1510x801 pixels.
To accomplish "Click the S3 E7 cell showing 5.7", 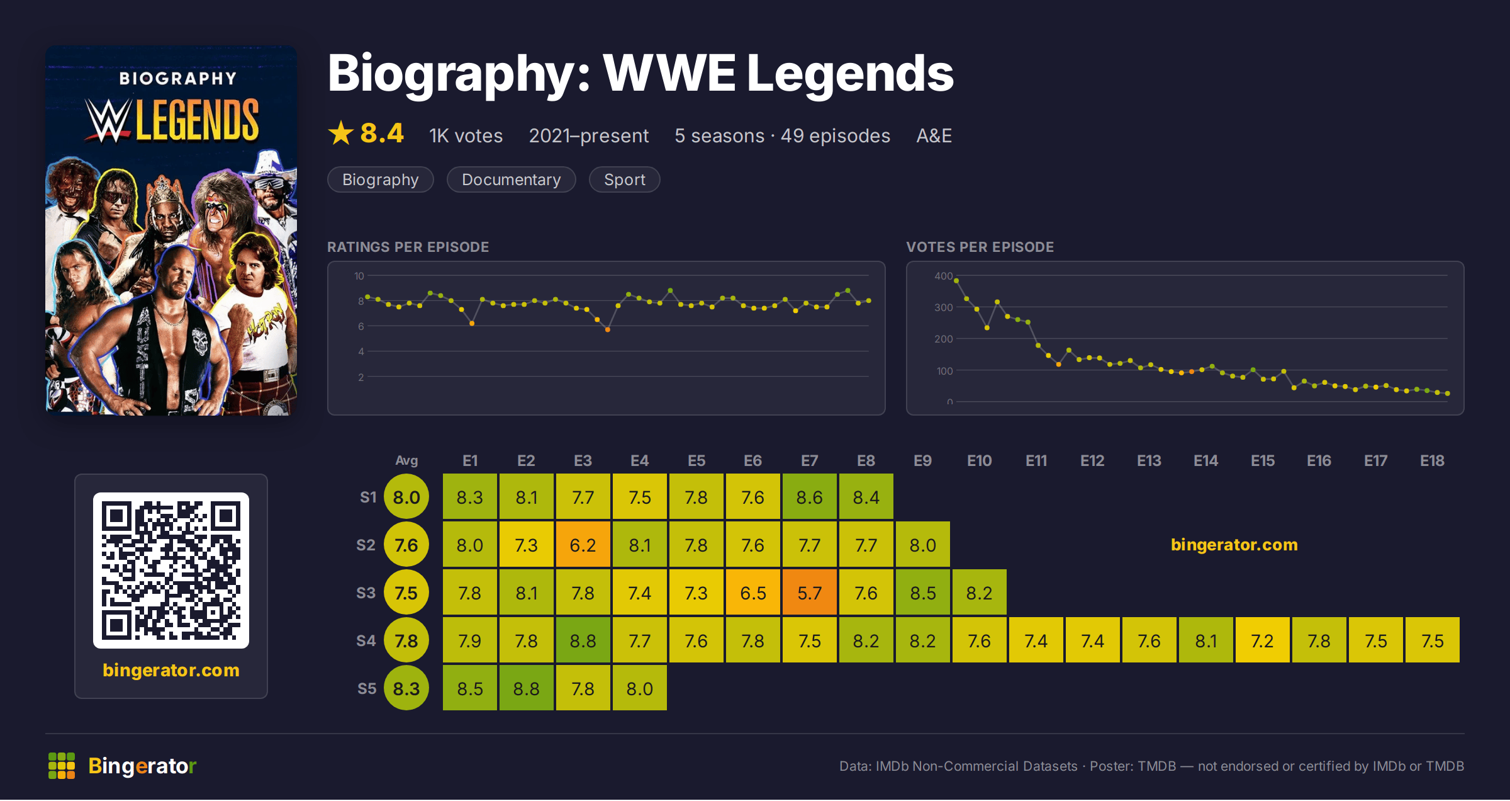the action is click(809, 593).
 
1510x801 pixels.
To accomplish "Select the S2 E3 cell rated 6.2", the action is click(583, 545).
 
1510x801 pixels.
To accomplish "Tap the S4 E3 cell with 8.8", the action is click(583, 640).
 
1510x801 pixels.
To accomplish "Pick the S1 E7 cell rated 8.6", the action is click(809, 497).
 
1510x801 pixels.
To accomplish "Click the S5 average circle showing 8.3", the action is click(406, 688).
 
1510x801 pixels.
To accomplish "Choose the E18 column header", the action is click(1432, 461).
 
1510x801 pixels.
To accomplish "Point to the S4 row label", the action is click(366, 641).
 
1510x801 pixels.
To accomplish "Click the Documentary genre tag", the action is click(511, 179).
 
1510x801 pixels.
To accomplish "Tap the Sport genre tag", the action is click(624, 179).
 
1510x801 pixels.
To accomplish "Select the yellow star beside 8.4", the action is click(341, 133).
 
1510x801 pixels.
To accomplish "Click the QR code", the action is click(171, 571).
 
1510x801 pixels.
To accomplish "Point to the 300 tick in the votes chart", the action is click(943, 307).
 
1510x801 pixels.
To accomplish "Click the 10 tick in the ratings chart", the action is click(359, 276).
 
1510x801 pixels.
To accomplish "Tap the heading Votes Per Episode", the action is click(980, 247).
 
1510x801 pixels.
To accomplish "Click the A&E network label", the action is click(934, 135).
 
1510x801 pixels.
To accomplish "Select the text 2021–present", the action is click(588, 135).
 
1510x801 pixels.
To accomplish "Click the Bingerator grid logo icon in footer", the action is click(62, 766).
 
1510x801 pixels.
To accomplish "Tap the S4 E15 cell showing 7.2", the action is click(1262, 640).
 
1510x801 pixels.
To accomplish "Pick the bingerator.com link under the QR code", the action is click(171, 670).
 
